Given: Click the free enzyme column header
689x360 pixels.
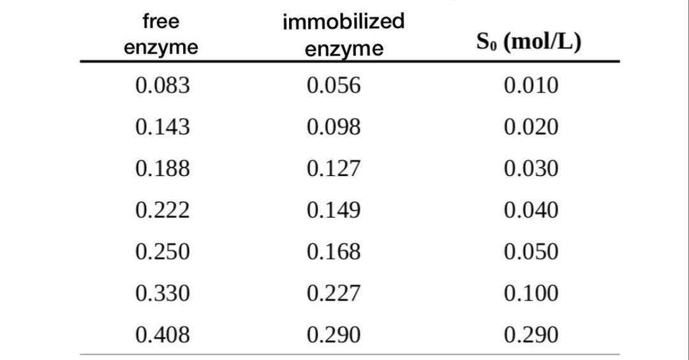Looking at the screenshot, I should pyautogui.click(x=161, y=34).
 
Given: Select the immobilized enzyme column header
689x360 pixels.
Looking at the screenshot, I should pyautogui.click(x=343, y=34).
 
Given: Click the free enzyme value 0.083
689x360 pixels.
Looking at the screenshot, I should pyautogui.click(x=162, y=86).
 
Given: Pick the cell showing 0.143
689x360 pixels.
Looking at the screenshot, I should pyautogui.click(x=162, y=127).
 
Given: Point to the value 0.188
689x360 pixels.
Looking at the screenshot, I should pyautogui.click(x=162, y=169).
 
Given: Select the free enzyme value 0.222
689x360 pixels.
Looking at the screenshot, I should pyautogui.click(x=162, y=210).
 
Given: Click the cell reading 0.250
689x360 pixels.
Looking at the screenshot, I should pyautogui.click(x=162, y=251).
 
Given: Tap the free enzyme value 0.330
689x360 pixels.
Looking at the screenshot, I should pyautogui.click(x=162, y=293).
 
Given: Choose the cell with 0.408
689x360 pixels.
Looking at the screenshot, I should pyautogui.click(x=162, y=334).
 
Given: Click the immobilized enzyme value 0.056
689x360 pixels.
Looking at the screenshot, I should pyautogui.click(x=333, y=86).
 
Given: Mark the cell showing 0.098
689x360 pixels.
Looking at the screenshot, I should pyautogui.click(x=333, y=127).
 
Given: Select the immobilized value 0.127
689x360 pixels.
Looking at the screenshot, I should pyautogui.click(x=333, y=169).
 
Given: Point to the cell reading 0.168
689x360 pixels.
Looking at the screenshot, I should pyautogui.click(x=333, y=251).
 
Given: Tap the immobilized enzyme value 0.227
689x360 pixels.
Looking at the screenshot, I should pyautogui.click(x=333, y=293).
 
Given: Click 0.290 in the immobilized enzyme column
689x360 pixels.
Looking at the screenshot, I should pyautogui.click(x=333, y=334).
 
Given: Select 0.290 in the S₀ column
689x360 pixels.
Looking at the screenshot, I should pyautogui.click(x=531, y=334).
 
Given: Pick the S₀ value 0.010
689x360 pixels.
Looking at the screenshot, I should pyautogui.click(x=531, y=86).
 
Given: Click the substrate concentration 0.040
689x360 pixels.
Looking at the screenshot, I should pyautogui.click(x=531, y=210).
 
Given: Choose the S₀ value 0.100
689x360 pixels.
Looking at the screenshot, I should pyautogui.click(x=531, y=293).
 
